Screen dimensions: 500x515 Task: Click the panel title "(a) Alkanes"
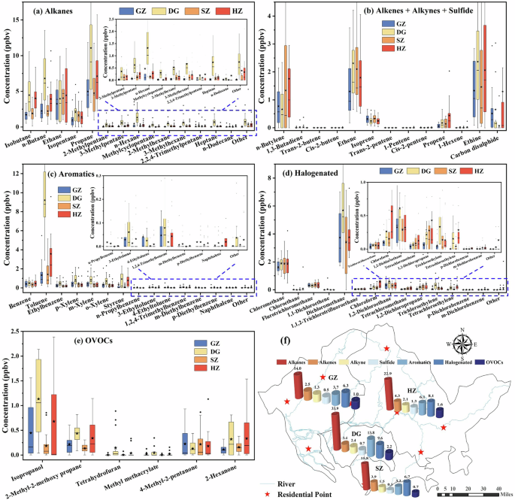pos(49,9)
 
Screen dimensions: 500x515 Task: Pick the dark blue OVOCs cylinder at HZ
pos(440,410)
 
